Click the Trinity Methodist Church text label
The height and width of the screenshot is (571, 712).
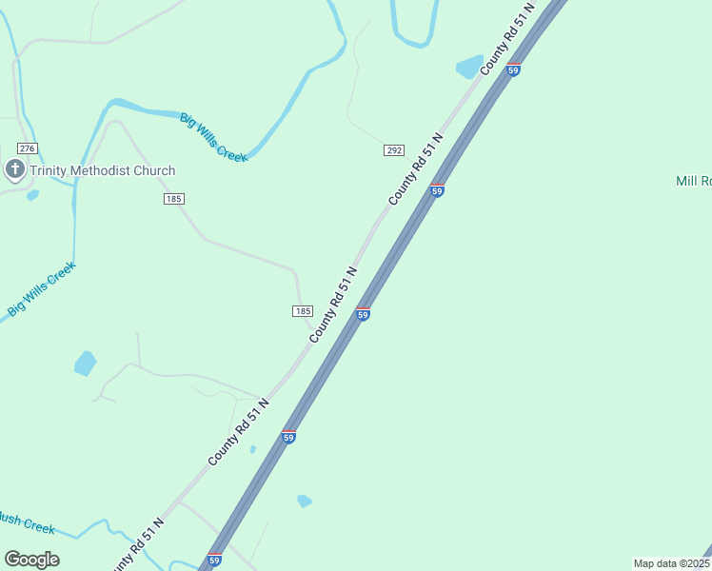click(x=102, y=171)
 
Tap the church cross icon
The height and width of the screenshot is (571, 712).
click(x=14, y=170)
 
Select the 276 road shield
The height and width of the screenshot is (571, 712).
click(x=27, y=148)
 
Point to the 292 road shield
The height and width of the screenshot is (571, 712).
click(x=394, y=150)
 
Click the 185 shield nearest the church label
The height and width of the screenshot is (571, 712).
click(x=173, y=199)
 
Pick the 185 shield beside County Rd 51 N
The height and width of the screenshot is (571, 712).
click(x=303, y=311)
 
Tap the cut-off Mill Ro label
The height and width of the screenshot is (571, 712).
click(x=693, y=181)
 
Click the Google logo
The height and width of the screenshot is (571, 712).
click(x=31, y=560)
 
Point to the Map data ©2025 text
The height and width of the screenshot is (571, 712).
click(x=671, y=563)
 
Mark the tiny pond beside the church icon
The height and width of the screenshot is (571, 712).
click(x=33, y=195)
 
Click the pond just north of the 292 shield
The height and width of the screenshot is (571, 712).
click(x=469, y=67)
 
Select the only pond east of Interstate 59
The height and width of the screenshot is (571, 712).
click(x=304, y=501)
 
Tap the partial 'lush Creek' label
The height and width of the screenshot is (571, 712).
click(x=27, y=522)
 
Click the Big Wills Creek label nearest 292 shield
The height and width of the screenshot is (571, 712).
click(x=214, y=137)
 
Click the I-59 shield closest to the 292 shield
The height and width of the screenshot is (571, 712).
click(x=437, y=190)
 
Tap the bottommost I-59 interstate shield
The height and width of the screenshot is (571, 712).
click(x=214, y=561)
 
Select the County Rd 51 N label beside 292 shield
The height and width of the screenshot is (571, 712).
click(x=416, y=171)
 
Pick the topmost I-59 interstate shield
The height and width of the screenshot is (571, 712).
click(x=513, y=69)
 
